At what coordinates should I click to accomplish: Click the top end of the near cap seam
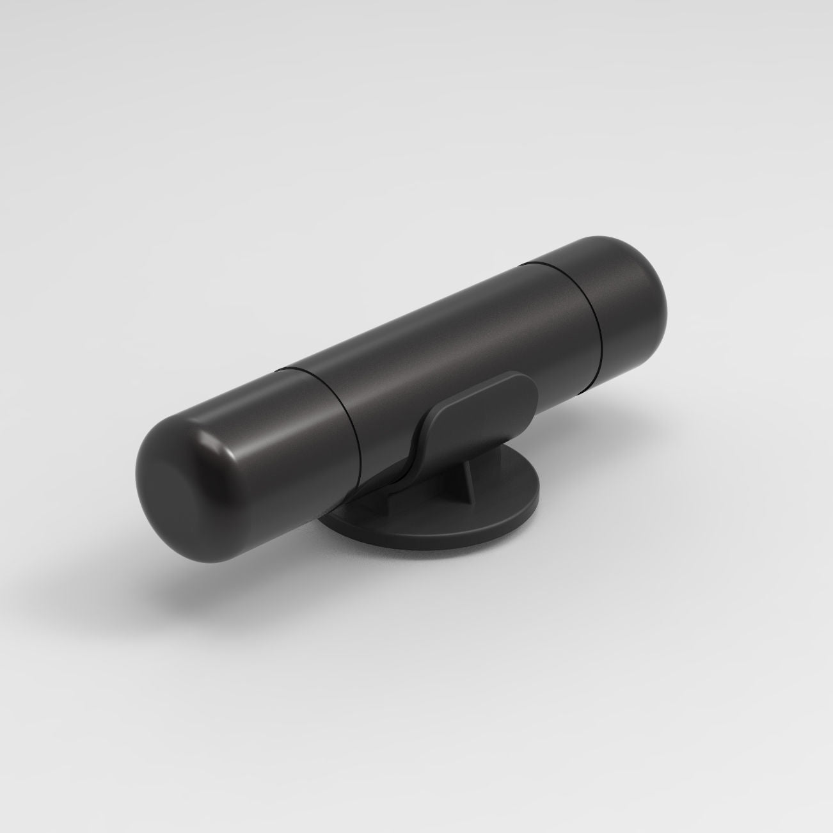click(x=282, y=370)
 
